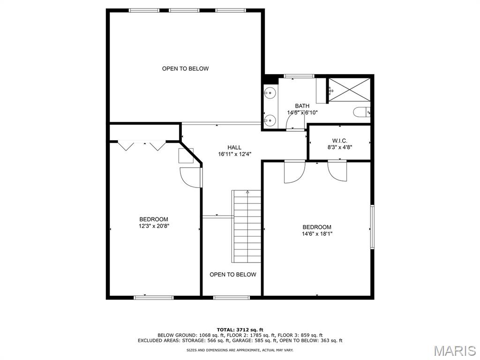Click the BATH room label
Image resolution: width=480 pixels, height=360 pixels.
coord(302,106)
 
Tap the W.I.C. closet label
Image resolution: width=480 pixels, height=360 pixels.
coord(339,141)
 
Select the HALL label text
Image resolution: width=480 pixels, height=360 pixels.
coord(234,148)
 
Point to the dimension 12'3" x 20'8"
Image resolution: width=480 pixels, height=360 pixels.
coord(154,226)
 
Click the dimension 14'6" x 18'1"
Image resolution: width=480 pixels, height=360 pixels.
coord(317,234)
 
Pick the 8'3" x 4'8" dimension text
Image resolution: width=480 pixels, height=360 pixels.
coord(339,147)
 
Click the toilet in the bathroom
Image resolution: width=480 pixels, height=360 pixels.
coord(362,112)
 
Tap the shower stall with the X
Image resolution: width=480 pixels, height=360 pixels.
coord(349,90)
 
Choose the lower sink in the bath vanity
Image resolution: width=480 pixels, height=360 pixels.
coord(270,120)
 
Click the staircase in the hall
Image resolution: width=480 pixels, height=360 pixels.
coord(247,226)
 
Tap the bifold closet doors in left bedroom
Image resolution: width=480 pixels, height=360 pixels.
coord(142,146)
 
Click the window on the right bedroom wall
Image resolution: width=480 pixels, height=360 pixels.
coord(372,226)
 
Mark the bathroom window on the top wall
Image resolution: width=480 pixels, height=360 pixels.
coord(299,76)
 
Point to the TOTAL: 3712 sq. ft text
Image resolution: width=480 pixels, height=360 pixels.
coord(240,330)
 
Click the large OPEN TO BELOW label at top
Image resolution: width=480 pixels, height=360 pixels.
coord(185,68)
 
